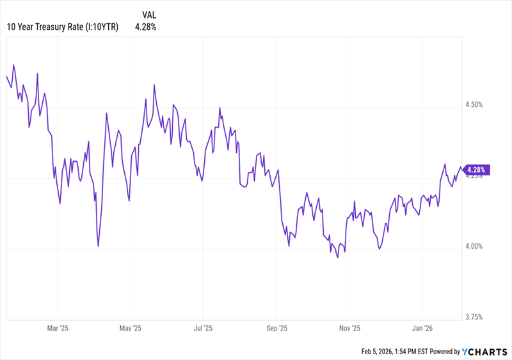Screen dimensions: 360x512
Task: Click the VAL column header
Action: [149, 13]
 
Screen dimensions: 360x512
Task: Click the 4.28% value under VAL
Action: [145, 27]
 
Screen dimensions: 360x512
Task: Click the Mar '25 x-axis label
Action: [58, 329]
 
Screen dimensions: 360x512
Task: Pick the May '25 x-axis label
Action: [130, 329]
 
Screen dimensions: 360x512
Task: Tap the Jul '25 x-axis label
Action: [203, 329]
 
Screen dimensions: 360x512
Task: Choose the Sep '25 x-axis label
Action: [276, 329]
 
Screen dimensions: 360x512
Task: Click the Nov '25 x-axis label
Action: [349, 329]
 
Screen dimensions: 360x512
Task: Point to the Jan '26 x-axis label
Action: [422, 329]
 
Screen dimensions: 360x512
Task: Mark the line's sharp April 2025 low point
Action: [98, 246]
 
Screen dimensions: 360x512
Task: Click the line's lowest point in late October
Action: [337, 257]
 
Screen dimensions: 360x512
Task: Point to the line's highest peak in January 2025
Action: [13, 65]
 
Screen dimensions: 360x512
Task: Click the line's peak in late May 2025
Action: [155, 84]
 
